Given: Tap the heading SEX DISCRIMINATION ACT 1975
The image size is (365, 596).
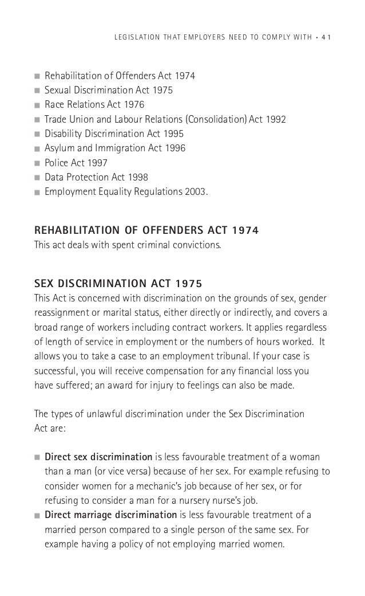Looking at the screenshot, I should pyautogui.click(x=117, y=283).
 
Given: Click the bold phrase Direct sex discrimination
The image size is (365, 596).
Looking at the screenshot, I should pyautogui.click(x=98, y=457).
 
